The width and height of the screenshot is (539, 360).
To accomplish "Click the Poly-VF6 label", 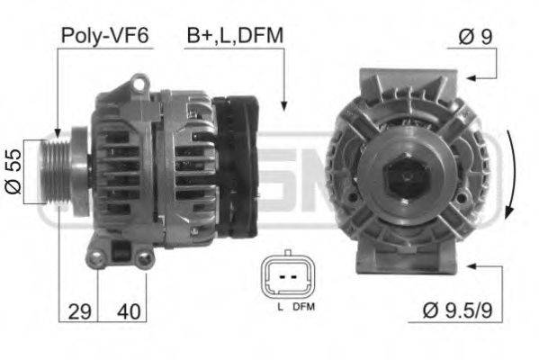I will (105, 36).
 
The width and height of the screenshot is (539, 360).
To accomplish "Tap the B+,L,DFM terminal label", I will (235, 35).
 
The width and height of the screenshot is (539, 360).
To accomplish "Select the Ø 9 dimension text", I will (474, 37).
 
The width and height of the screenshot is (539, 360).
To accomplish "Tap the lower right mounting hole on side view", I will (144, 259).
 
